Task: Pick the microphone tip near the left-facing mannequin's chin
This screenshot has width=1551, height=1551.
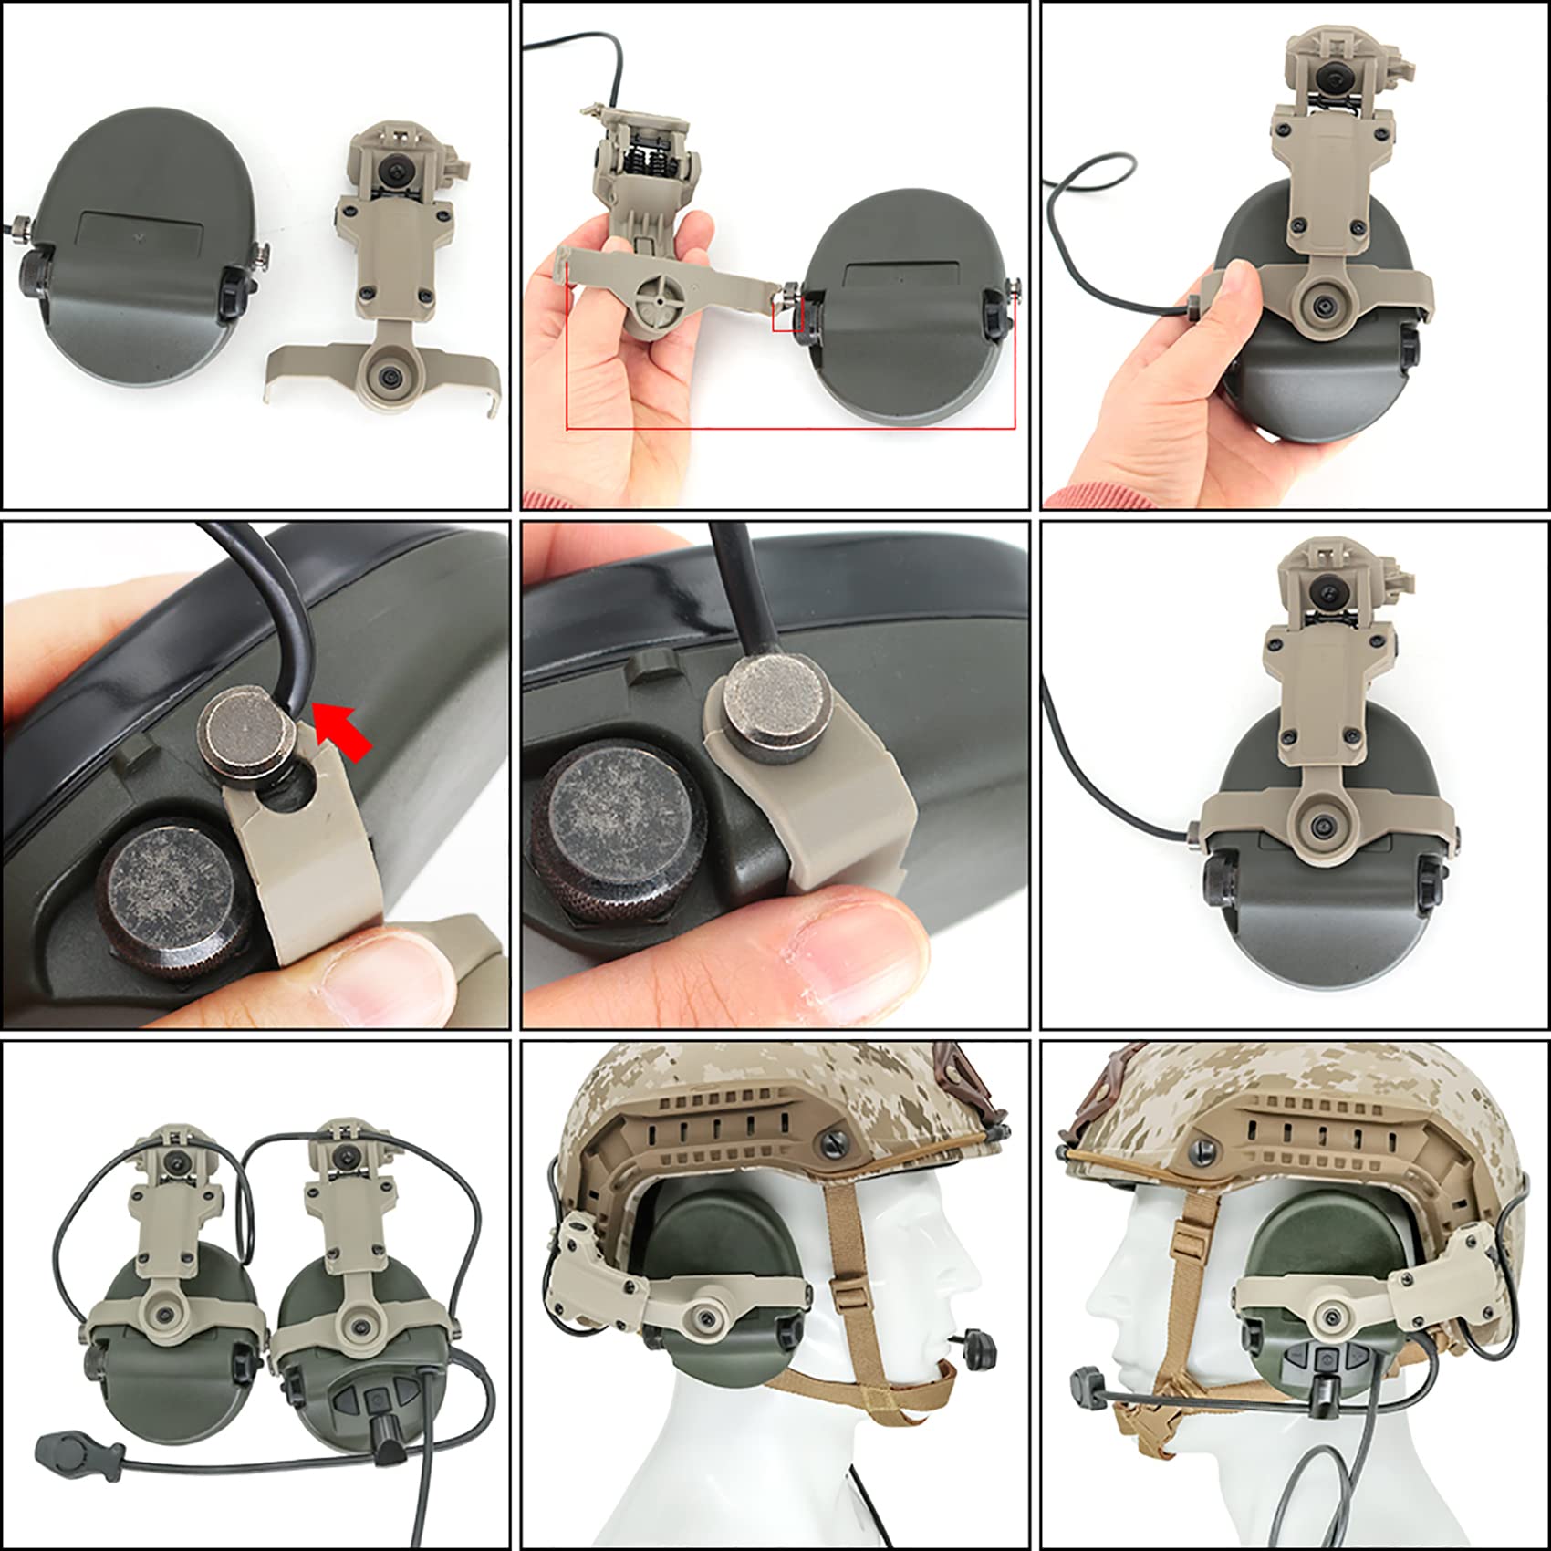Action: [x=1088, y=1378]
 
